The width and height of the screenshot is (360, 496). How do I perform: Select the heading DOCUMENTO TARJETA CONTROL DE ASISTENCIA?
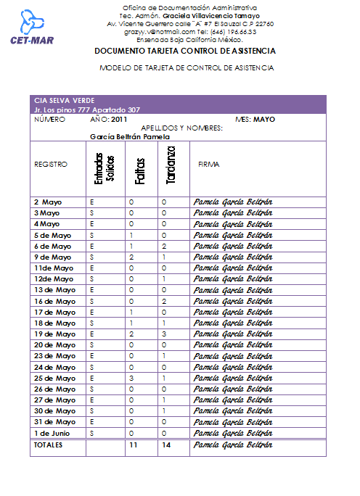185,51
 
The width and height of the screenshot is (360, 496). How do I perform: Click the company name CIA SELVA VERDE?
64,100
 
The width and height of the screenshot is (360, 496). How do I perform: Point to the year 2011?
119,119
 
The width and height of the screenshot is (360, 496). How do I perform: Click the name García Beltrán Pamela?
130,136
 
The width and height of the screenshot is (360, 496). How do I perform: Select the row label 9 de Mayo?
53,257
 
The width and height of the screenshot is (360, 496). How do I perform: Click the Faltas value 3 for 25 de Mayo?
131,379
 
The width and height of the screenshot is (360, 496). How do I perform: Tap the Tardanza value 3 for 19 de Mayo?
165,334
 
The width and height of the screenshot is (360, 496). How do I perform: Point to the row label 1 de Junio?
52,433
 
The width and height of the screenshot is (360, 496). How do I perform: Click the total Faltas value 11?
133,445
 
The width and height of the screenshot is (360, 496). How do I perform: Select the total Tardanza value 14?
166,445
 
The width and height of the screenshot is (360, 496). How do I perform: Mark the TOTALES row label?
49,445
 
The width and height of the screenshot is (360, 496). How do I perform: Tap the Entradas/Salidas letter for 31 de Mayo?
92,421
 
